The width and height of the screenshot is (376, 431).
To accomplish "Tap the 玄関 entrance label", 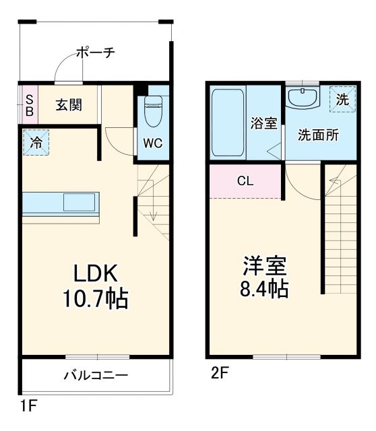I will click(x=69, y=105).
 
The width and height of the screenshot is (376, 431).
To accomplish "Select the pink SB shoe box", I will click(x=29, y=105).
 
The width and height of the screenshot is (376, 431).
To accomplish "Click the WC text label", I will click(x=150, y=143).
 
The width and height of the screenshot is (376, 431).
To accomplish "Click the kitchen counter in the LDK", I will click(x=61, y=204).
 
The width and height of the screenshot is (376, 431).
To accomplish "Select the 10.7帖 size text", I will click(x=96, y=298).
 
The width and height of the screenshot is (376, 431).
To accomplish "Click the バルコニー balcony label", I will click(x=96, y=376).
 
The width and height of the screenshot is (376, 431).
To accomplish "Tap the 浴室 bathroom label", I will click(x=263, y=123).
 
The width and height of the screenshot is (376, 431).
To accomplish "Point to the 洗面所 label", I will click(x=319, y=133).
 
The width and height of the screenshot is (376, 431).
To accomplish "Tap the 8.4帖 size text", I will click(x=265, y=290).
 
